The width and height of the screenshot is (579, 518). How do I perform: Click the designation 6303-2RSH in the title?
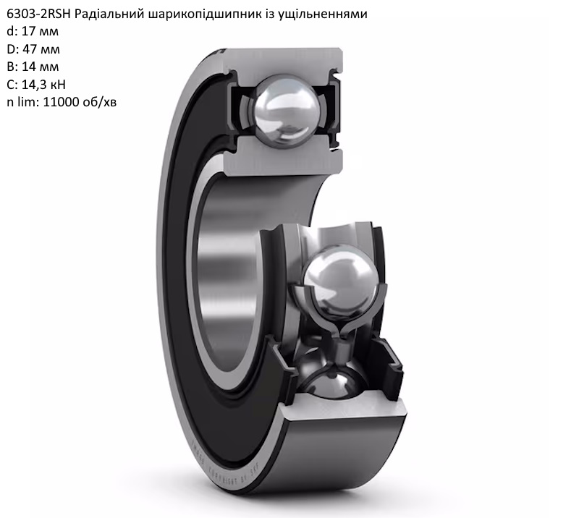pyautogui.click(x=39, y=14)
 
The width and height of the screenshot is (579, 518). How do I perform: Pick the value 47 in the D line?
pyautogui.click(x=29, y=49)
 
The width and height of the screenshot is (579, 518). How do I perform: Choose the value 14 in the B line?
pyautogui.click(x=28, y=67)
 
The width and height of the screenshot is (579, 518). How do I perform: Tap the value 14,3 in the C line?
pyautogui.click(x=33, y=85)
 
